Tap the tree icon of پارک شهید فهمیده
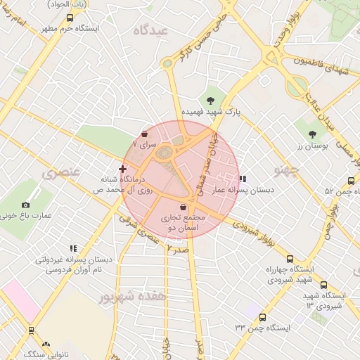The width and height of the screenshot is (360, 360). pos(210,99)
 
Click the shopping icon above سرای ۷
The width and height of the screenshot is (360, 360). pos(145,134)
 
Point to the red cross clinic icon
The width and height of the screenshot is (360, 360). pos(123,169)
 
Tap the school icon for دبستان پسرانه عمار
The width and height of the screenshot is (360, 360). pos(243,179)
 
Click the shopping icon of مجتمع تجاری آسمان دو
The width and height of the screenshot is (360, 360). pos(184,207)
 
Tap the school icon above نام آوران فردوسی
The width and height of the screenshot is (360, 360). pos(72,248)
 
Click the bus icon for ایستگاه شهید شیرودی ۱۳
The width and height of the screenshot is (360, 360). pos(323,285)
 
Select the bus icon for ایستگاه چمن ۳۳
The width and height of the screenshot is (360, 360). pos(262,317)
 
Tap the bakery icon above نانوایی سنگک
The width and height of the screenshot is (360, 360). pos(46,345)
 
